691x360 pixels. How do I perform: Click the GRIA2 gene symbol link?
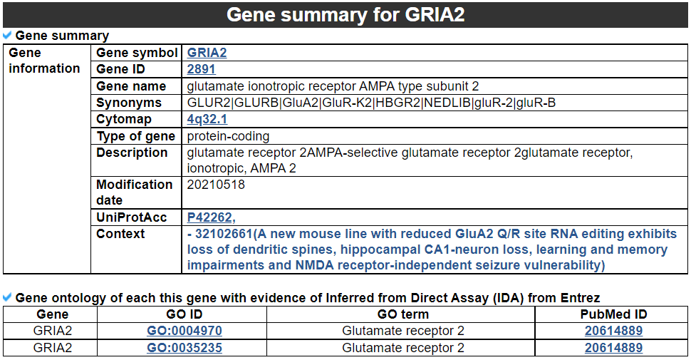(207, 53)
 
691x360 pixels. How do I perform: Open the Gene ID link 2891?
(202, 69)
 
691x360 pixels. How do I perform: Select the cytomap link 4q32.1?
(207, 119)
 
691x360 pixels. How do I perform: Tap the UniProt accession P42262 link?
(211, 217)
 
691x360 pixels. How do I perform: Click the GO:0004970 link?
(185, 331)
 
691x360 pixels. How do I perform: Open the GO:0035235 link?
(185, 348)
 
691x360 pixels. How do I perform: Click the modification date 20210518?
(216, 184)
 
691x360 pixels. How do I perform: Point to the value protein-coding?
(228, 136)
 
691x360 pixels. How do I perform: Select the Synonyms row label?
(129, 103)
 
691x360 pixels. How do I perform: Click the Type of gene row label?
(136, 136)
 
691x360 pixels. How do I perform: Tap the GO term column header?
(402, 314)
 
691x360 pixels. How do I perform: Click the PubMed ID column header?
(613, 314)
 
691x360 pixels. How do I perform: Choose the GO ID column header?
(185, 314)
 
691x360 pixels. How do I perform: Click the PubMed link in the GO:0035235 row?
(613, 348)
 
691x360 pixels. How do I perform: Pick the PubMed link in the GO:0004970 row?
(613, 331)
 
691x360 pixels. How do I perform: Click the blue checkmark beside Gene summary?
(7, 35)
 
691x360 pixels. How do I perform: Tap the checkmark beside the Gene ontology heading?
(7, 297)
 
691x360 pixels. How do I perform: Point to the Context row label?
(120, 233)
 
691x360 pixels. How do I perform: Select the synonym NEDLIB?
(447, 103)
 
